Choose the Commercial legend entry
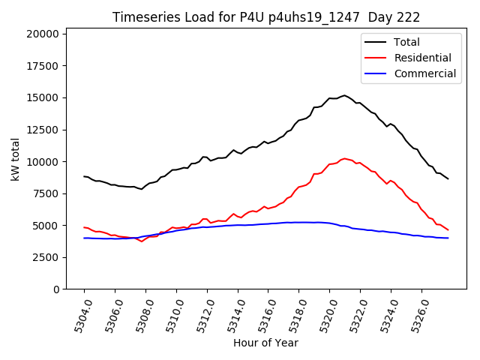[425, 73]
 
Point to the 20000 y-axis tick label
[42, 34]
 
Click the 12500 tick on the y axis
[42, 130]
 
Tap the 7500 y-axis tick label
[45, 193]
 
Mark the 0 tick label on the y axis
[57, 289]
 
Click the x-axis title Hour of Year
[265, 343]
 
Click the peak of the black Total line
[344, 95]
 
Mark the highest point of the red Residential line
[344, 158]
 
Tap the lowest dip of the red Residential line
[141, 241]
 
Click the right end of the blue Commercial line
[448, 238]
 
